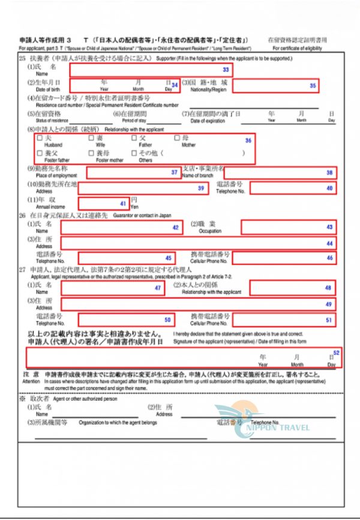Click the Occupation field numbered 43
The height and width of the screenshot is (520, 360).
pos(288,227)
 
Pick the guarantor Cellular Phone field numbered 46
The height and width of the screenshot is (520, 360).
pos(284,257)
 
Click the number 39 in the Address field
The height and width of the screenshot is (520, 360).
pos(201,188)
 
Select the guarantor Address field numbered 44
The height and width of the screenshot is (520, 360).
pos(198,243)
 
